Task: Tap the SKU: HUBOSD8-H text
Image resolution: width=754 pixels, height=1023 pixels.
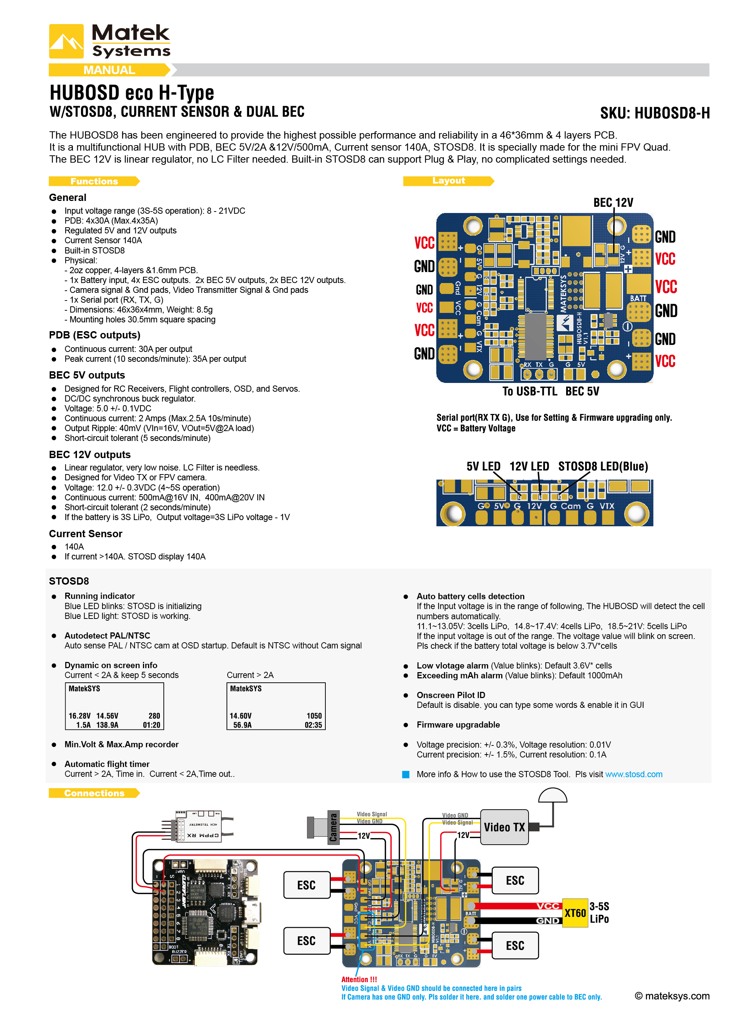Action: (654, 113)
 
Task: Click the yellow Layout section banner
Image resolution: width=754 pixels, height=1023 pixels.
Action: (448, 181)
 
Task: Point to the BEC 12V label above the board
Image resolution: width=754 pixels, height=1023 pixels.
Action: (612, 202)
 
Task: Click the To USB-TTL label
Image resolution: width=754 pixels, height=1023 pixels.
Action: (529, 391)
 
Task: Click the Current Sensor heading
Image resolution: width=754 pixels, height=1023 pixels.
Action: (85, 534)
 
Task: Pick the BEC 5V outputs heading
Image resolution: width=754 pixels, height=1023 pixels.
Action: (87, 375)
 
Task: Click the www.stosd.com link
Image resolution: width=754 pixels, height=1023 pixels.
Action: (634, 774)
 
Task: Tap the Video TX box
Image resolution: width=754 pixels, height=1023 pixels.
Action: (504, 827)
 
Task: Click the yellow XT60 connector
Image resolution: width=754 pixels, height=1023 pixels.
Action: (575, 912)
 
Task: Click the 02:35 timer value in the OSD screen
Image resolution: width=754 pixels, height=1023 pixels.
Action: (313, 725)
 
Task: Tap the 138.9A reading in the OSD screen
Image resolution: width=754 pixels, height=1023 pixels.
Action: (107, 725)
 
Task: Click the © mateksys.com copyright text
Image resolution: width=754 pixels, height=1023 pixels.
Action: (672, 996)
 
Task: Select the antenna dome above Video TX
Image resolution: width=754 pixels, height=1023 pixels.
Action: (552, 795)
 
